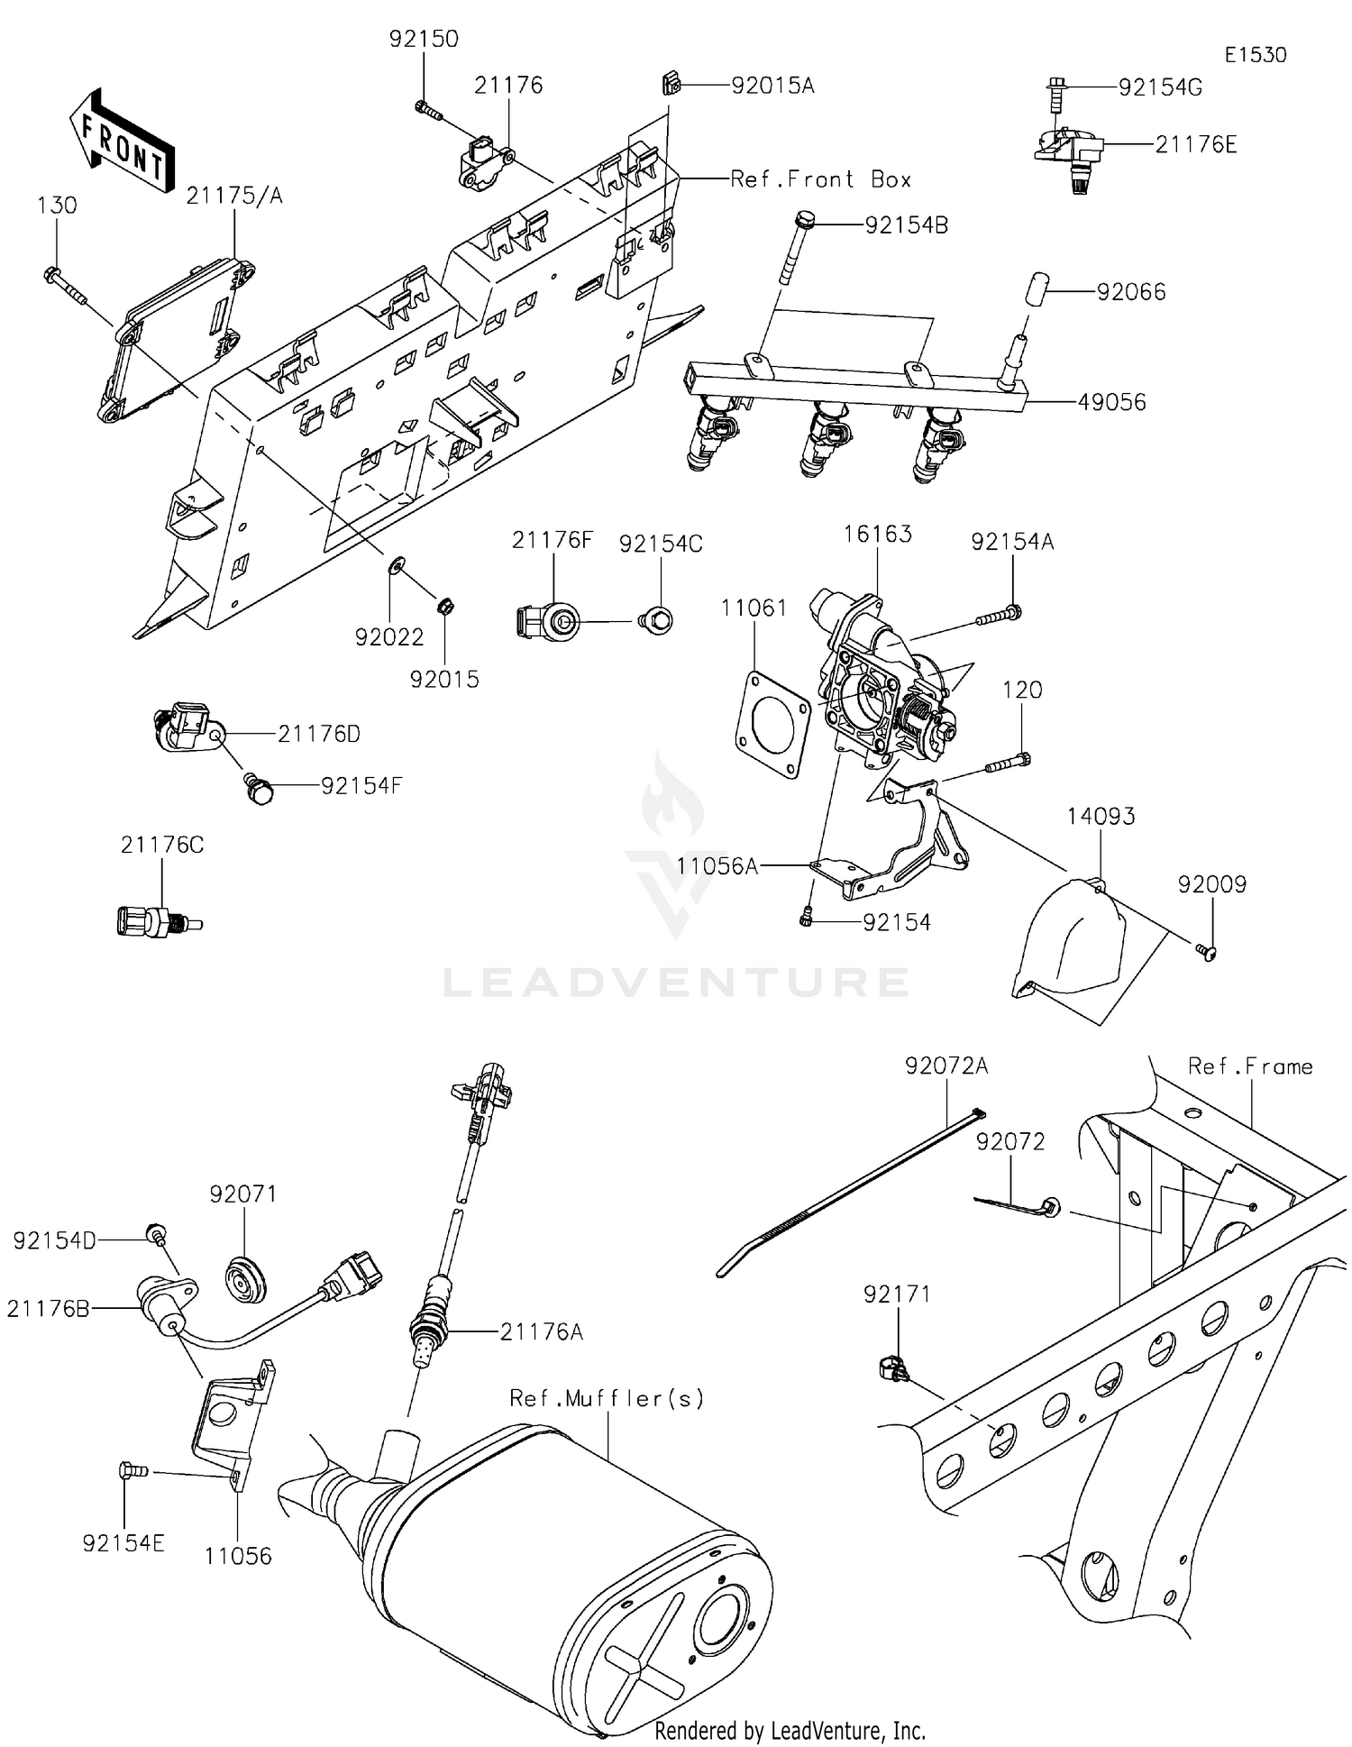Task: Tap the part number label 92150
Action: pyautogui.click(x=424, y=40)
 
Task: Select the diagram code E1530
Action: pyautogui.click(x=1255, y=55)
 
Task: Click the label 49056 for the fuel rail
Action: pyautogui.click(x=1111, y=402)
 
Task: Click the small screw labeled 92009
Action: pyautogui.click(x=1205, y=949)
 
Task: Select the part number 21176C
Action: pyautogui.click(x=162, y=845)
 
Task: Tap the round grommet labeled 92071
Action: pyautogui.click(x=245, y=1277)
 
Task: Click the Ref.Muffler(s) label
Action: pyautogui.click(x=607, y=1398)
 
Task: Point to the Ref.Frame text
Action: pyautogui.click(x=1249, y=1066)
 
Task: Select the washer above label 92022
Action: pyautogui.click(x=395, y=567)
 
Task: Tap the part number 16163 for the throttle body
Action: pyautogui.click(x=877, y=534)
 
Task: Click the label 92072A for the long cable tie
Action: pyautogui.click(x=946, y=1066)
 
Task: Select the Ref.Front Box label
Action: pyautogui.click(x=820, y=179)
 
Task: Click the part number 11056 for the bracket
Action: pyautogui.click(x=238, y=1556)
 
